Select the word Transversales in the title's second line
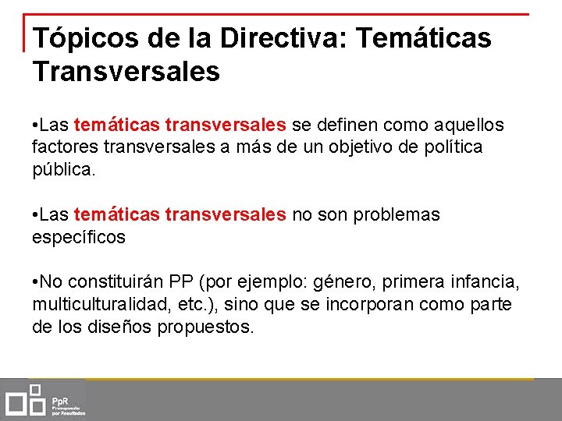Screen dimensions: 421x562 pyautogui.click(x=126, y=73)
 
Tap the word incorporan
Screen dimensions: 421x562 pyautogui.click(x=370, y=304)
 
